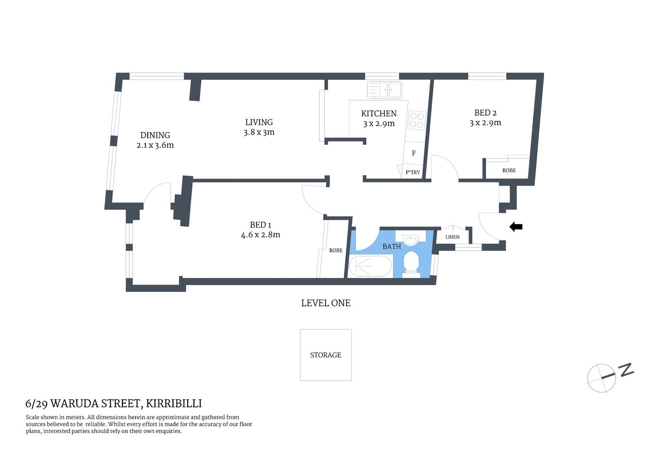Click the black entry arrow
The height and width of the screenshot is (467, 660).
(516, 227)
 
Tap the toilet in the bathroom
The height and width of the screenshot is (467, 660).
(412, 263)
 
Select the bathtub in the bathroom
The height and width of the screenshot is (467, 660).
(370, 267)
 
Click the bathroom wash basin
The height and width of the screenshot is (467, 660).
(411, 240)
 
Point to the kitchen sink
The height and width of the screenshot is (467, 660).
(385, 90)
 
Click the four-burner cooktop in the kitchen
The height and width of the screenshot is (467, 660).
(417, 120)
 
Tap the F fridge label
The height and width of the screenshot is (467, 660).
(414, 153)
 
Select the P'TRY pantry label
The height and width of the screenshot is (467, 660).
(413, 172)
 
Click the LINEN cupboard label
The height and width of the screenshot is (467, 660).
(452, 237)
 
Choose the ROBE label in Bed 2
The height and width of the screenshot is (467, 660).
(509, 170)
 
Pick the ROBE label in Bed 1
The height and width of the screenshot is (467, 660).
(336, 251)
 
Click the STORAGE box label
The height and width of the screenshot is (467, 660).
(326, 355)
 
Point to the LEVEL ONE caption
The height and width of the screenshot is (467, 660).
(326, 303)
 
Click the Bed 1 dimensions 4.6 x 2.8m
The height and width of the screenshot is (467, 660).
(261, 235)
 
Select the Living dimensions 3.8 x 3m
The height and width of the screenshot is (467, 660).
(259, 132)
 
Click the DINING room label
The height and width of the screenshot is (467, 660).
(155, 135)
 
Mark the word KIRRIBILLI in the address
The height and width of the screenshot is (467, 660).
(174, 403)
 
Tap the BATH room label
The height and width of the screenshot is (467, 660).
(392, 247)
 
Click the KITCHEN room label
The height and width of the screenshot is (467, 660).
(379, 113)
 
